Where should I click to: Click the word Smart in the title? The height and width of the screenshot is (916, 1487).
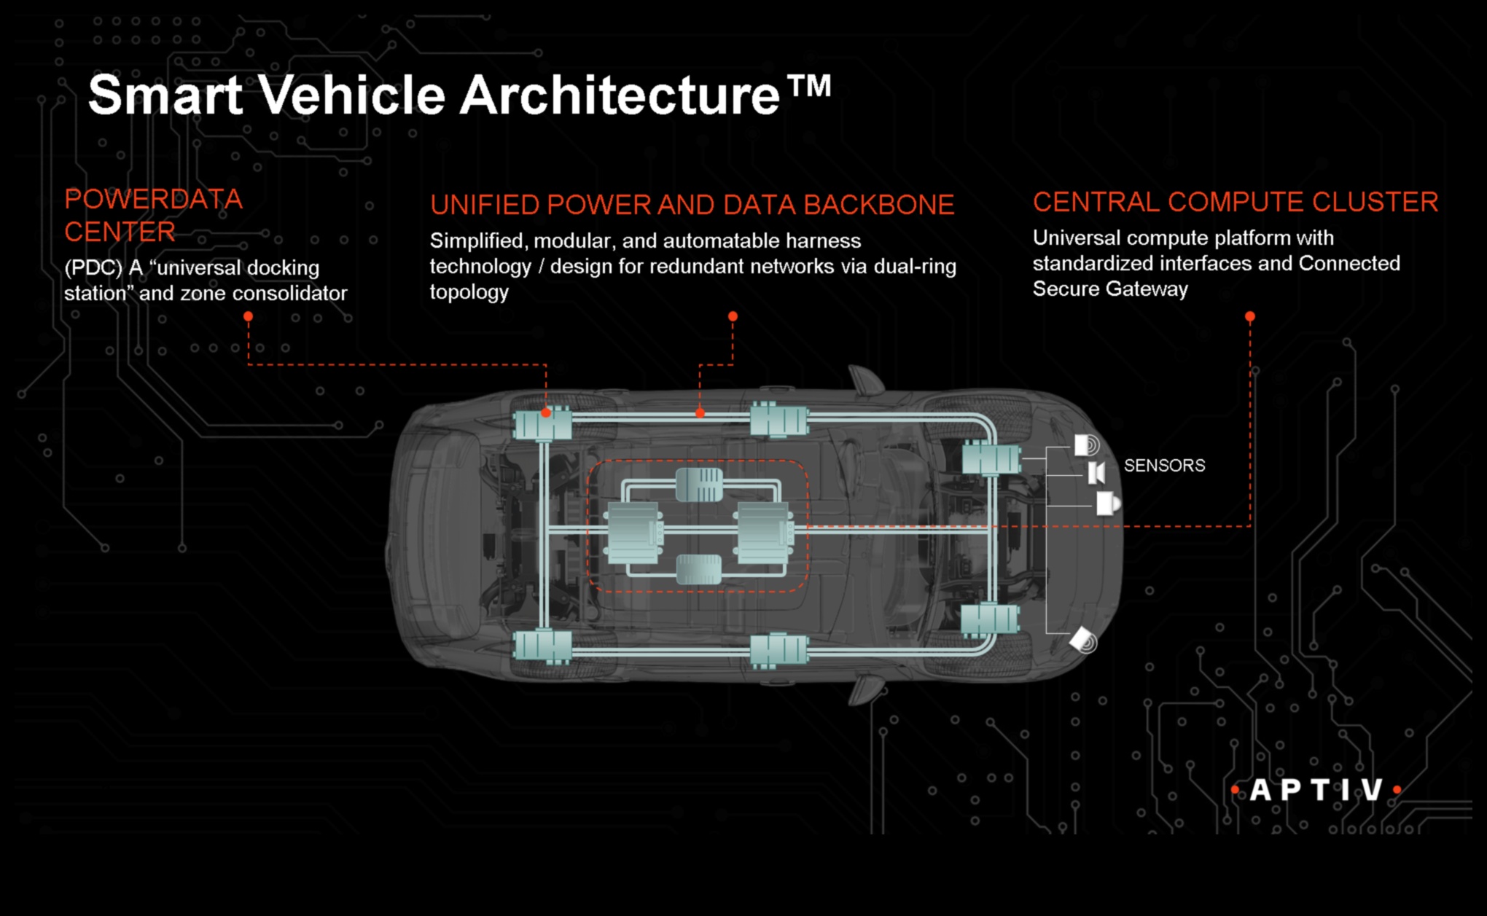tap(165, 95)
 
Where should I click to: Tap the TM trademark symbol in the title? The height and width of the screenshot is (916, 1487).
tap(808, 86)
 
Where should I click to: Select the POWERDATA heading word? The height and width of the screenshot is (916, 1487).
tap(153, 199)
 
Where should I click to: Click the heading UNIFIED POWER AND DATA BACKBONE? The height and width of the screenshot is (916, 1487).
tap(692, 205)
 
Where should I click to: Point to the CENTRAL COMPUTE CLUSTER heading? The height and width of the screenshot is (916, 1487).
tap(1236, 202)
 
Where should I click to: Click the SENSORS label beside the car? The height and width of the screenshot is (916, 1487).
tap(1164, 465)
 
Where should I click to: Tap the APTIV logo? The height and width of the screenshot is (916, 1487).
tap(1316, 790)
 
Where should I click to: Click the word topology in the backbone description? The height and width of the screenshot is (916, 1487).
tap(469, 292)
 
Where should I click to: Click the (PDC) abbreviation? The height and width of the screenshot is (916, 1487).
tap(93, 268)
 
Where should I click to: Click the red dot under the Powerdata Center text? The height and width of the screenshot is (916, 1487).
tap(249, 316)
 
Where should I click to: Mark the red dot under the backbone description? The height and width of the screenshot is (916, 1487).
tap(733, 316)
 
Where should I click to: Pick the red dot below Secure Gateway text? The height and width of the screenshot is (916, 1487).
tap(1250, 316)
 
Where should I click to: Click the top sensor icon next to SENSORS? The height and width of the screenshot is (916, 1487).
tap(1087, 445)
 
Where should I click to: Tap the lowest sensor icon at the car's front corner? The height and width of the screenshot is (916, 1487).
tap(1084, 641)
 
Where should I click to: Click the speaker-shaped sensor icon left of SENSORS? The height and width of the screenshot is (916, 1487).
tap(1096, 473)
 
